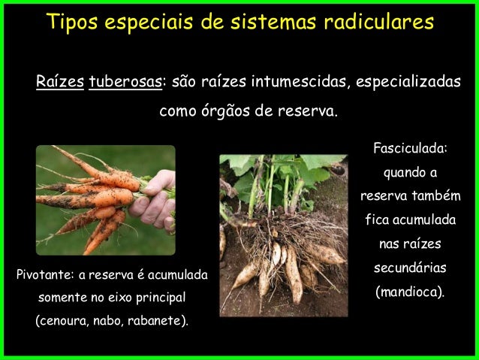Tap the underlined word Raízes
(x=59, y=81)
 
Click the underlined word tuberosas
(x=125, y=81)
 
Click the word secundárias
(x=410, y=268)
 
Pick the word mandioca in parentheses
(x=409, y=291)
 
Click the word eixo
(x=119, y=298)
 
